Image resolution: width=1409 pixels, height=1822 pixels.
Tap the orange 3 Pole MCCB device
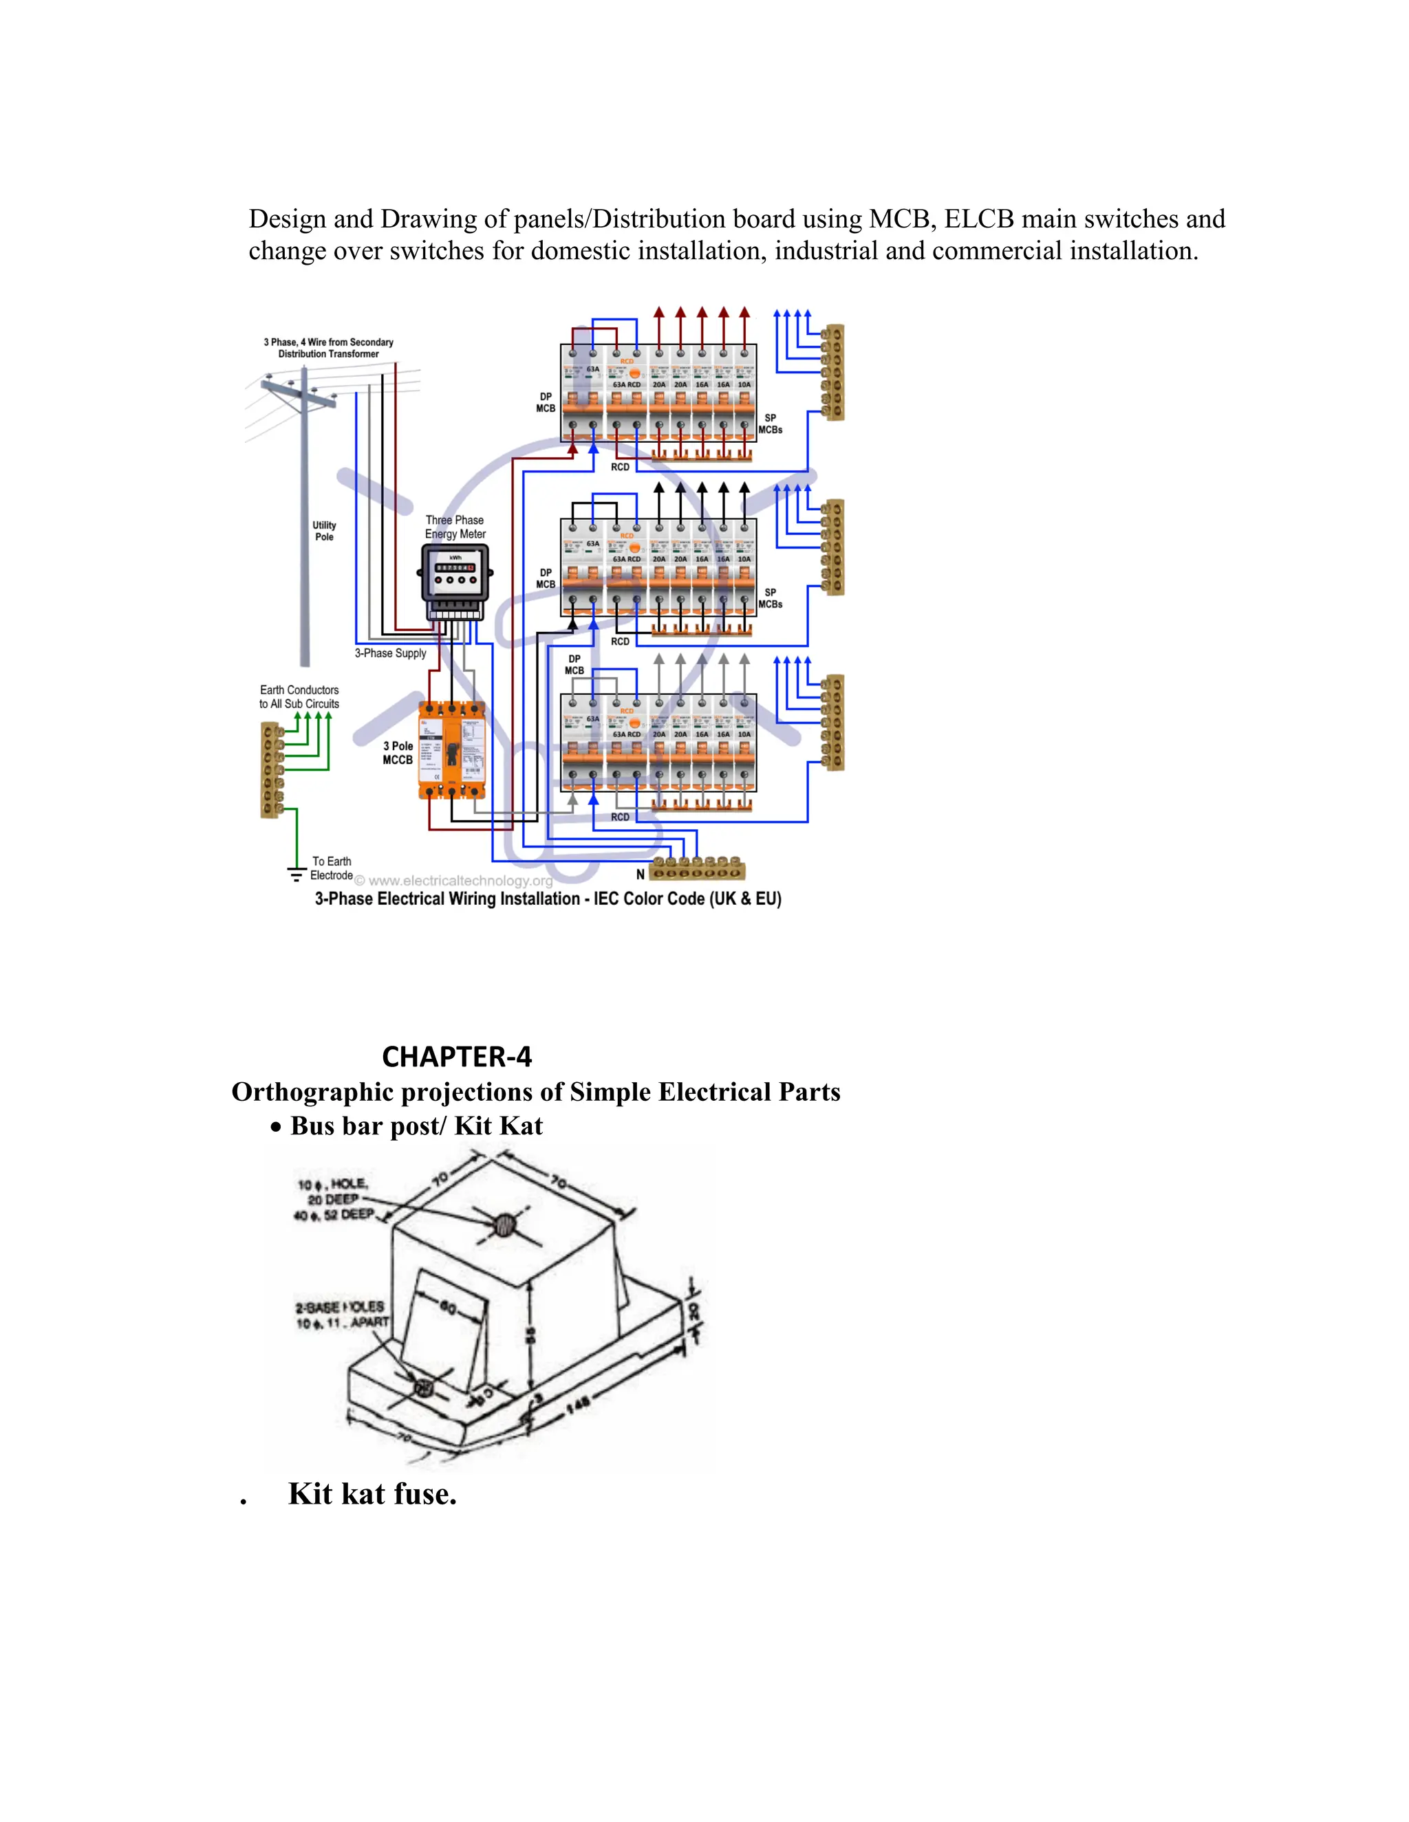coord(451,750)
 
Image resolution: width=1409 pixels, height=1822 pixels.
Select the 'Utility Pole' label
coord(324,531)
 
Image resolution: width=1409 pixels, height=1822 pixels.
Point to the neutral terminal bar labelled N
coord(697,869)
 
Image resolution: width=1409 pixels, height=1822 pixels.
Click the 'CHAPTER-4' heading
coord(457,1057)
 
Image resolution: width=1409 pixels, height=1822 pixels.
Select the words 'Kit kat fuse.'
coord(372,1494)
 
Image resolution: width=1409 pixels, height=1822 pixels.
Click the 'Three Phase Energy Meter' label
coord(455,527)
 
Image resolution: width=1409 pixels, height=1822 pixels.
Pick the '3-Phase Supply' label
coord(390,653)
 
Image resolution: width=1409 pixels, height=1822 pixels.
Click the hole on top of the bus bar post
coord(504,1225)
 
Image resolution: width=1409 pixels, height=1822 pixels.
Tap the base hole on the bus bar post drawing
coord(422,1388)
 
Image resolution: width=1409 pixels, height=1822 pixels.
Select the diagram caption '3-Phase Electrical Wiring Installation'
coord(548,899)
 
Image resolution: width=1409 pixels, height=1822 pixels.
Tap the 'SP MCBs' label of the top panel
coord(770,424)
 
